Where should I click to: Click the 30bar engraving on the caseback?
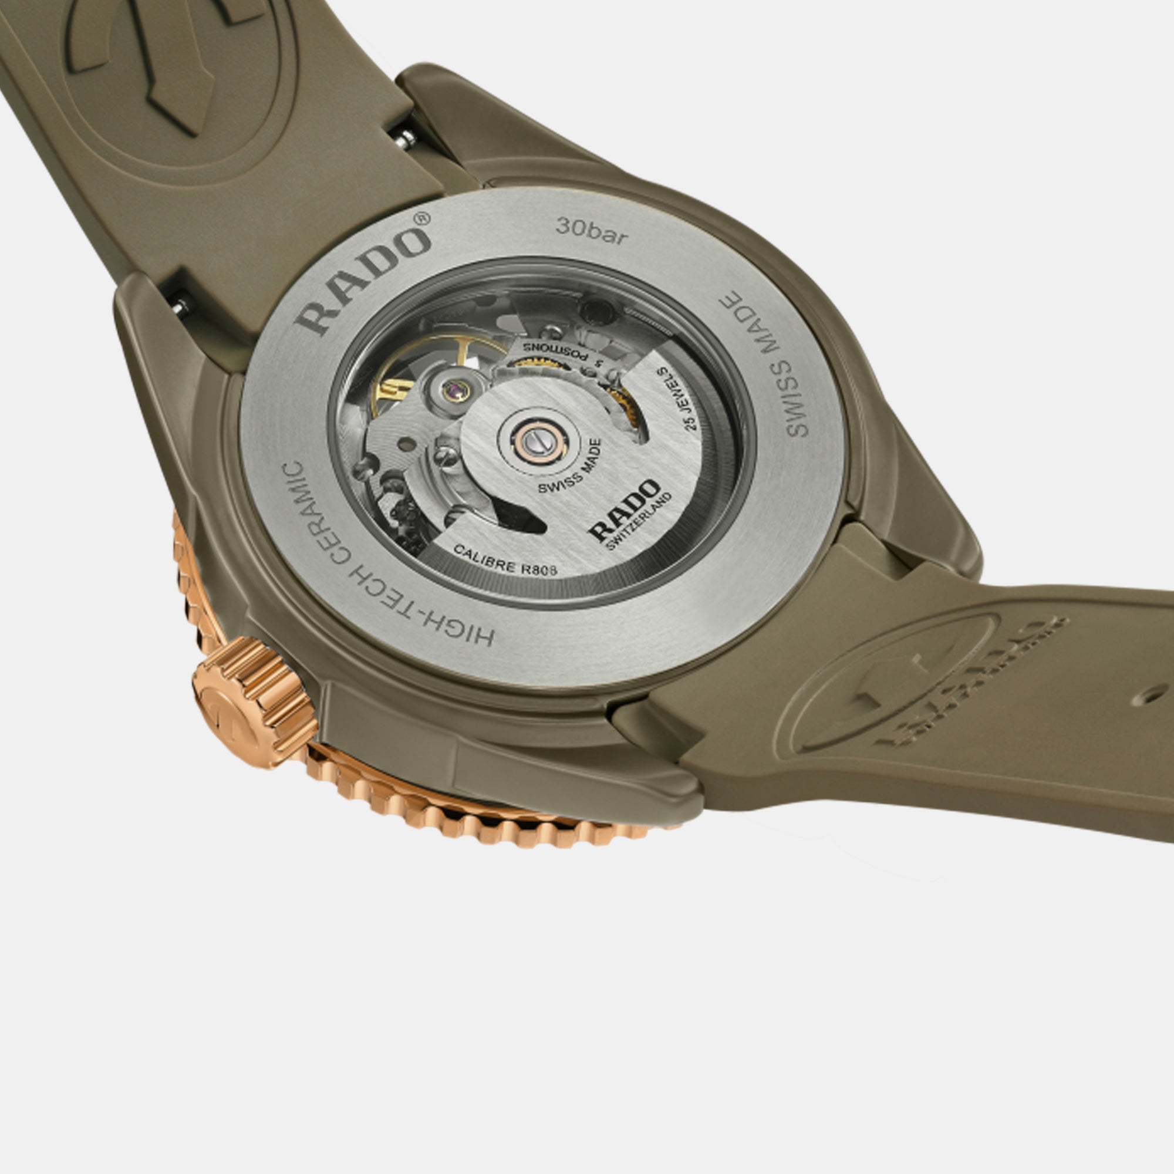click(x=591, y=231)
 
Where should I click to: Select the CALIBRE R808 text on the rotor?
click(x=505, y=560)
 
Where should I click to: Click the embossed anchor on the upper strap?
click(x=146, y=61)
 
